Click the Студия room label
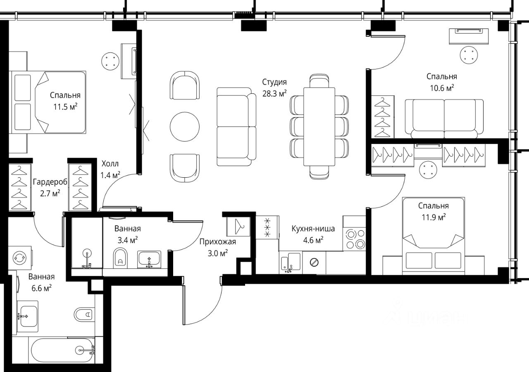[274, 82]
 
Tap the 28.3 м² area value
[274, 93]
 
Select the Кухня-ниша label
[313, 229]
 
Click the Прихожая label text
[217, 242]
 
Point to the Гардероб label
[50, 182]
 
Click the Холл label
[110, 164]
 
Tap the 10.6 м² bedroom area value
[442, 88]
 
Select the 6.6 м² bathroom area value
[42, 289]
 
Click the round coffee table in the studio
[185, 126]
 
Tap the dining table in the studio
[319, 126]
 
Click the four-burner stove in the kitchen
[354, 239]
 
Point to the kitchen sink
[291, 262]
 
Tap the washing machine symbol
[20, 258]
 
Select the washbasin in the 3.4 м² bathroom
[149, 260]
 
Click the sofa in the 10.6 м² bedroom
[444, 119]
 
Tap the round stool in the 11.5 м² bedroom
[110, 61]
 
